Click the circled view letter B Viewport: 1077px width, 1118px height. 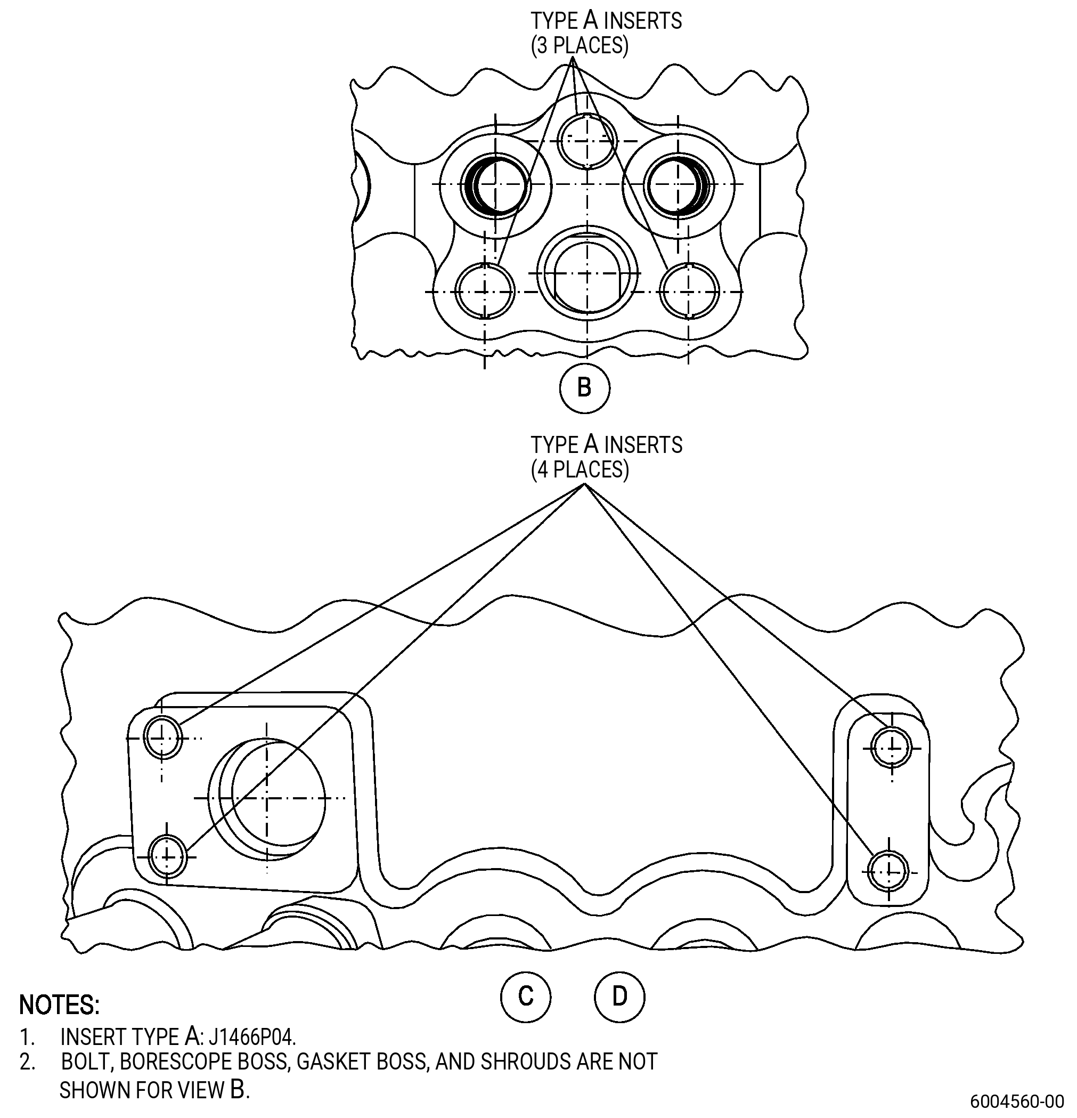tap(584, 388)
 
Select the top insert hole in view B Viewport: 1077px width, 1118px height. tap(588, 140)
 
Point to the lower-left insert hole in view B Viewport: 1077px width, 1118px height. tap(485, 292)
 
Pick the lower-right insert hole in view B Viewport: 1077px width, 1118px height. tap(689, 292)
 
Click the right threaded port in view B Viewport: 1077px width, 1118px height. tap(679, 185)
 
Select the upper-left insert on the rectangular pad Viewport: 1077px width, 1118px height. tap(163, 738)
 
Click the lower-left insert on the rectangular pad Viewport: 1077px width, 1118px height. tap(167, 856)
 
